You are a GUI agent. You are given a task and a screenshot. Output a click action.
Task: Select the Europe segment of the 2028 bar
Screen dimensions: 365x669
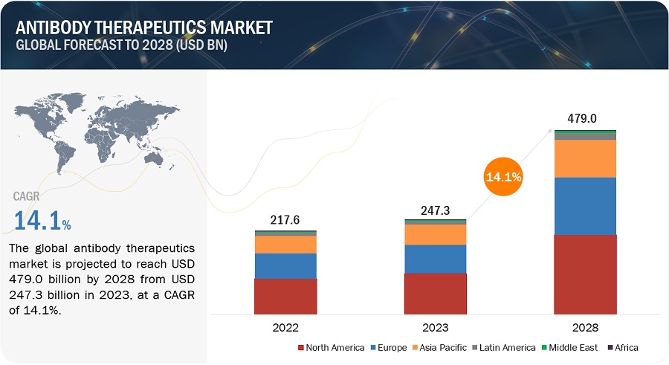586,206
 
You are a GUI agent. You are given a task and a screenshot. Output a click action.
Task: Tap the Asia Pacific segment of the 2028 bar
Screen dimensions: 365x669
586,158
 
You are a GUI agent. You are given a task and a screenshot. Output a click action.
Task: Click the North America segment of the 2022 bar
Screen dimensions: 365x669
285,296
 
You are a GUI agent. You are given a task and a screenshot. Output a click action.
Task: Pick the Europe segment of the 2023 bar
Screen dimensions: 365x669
436,259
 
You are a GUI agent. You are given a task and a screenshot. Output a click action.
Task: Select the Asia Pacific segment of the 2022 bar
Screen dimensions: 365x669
285,244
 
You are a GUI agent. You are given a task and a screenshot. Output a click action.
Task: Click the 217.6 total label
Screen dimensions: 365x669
285,219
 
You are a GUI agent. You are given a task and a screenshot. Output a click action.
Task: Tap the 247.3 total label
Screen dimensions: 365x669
436,208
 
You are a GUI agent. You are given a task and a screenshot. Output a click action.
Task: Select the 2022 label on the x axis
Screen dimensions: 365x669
285,327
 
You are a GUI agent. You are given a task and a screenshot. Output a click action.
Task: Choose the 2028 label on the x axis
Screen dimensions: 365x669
586,327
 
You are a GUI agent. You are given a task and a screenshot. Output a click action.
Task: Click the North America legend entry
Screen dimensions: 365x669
331,347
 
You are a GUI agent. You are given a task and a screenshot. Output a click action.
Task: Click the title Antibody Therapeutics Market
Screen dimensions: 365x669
142,28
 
